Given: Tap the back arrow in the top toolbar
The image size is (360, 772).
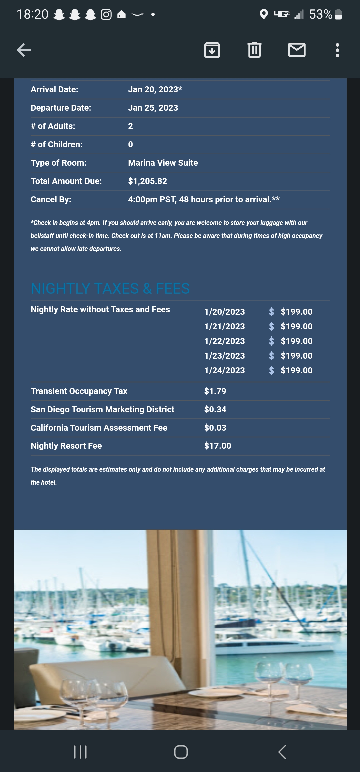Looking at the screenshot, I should click(x=24, y=50).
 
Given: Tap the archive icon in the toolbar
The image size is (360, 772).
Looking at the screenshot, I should click(x=212, y=50).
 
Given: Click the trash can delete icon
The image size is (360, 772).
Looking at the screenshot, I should click(x=254, y=50).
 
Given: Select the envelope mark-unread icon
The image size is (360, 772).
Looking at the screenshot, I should click(x=297, y=50).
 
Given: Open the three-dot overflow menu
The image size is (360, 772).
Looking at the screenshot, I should click(x=337, y=50).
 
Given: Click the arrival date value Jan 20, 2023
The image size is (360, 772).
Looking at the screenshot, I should click(x=155, y=90).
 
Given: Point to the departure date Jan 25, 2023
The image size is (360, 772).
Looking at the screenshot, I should click(x=153, y=108).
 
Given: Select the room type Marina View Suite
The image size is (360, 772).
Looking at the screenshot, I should click(x=163, y=163).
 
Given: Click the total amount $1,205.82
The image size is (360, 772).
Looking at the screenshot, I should click(x=148, y=181).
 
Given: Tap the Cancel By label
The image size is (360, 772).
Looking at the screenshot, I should click(x=51, y=200).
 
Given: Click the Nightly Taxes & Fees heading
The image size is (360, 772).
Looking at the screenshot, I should click(x=110, y=289).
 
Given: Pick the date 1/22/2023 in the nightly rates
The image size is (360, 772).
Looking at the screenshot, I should click(x=225, y=341).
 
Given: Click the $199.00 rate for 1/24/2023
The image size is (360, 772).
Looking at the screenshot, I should click(x=296, y=371).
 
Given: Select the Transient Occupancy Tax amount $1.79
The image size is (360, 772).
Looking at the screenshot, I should click(x=215, y=391).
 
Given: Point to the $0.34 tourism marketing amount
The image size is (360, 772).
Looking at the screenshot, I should click(x=215, y=410).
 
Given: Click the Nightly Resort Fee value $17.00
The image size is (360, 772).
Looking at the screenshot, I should click(x=218, y=446).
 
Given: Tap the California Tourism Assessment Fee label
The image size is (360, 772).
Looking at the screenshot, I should click(x=99, y=428).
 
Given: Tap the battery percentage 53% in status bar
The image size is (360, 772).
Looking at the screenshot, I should click(x=320, y=14).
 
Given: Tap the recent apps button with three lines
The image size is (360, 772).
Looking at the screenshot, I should click(x=80, y=752).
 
